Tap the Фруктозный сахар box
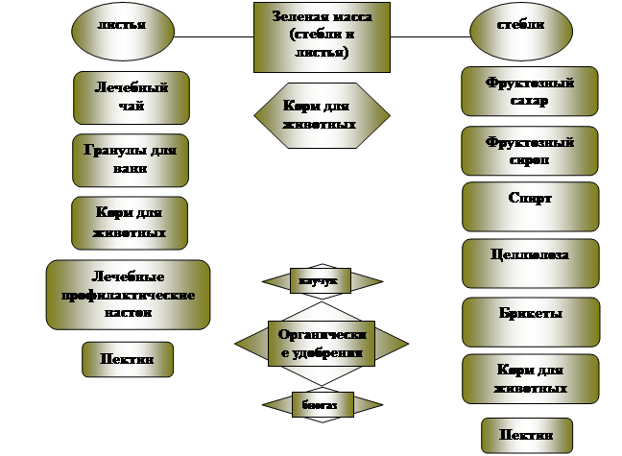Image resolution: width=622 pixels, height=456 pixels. click(530, 92)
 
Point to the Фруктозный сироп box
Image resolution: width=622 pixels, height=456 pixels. click(530, 152)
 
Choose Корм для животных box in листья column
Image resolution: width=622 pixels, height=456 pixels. click(130, 224)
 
